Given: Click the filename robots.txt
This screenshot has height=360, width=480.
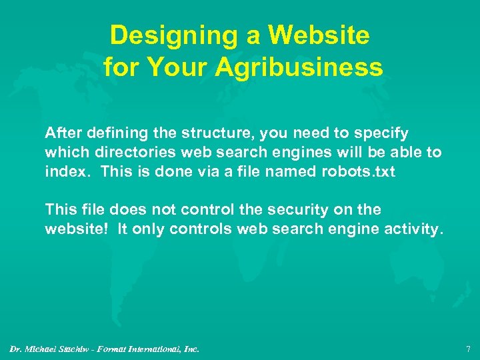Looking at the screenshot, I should point(357,171).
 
